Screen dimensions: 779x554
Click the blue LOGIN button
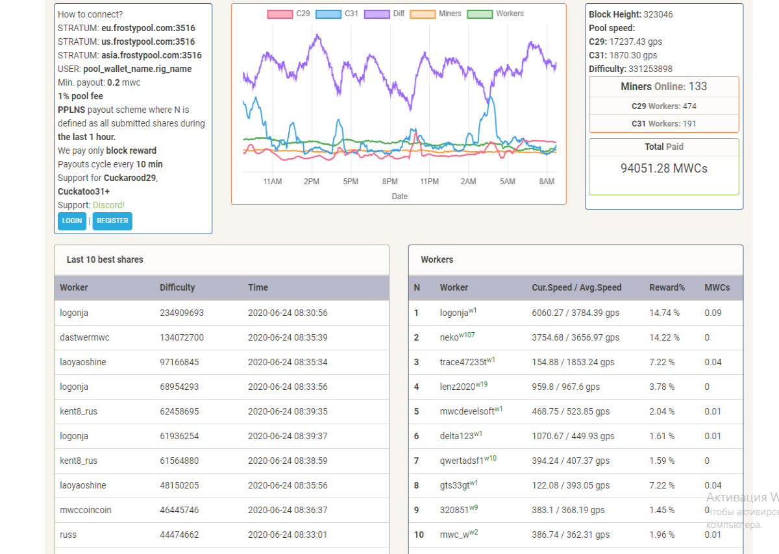72,221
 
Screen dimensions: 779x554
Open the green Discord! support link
108,205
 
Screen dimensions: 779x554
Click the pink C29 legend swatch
280,14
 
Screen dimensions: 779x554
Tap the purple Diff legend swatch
377,14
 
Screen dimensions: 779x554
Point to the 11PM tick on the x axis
429,182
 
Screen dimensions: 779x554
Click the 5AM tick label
508,182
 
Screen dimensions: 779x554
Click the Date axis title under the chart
400,197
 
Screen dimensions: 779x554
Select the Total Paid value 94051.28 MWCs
664,168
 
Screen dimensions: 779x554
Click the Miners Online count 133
698,86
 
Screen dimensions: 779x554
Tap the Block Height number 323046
658,14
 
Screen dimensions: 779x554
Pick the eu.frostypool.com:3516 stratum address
148,28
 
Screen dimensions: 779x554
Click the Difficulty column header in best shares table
177,287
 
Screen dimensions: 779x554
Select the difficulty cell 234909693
182,313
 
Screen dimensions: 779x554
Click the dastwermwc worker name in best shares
84,337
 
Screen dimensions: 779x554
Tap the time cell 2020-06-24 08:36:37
288,510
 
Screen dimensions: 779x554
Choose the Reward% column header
667,287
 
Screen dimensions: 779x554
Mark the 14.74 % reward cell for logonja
664,313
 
